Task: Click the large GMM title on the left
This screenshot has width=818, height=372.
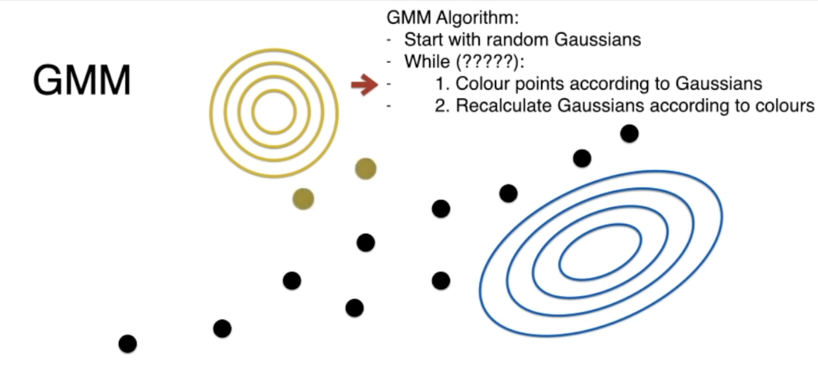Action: [x=82, y=80]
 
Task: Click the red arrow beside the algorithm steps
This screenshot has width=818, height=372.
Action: [x=364, y=84]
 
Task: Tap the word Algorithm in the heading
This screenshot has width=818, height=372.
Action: [x=477, y=17]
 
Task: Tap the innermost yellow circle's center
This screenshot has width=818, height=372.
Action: [x=274, y=112]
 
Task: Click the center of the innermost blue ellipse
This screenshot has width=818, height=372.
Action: [x=600, y=252]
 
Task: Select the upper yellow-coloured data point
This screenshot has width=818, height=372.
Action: [x=365, y=169]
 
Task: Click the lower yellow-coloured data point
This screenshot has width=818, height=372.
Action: [x=303, y=199]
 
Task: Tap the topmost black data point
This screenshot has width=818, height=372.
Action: [x=629, y=134]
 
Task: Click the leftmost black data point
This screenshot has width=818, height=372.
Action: [x=128, y=344]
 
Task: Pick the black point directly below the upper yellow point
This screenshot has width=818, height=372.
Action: [x=365, y=243]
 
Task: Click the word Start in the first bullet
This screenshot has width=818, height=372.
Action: [x=424, y=40]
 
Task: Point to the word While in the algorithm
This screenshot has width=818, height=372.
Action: [x=427, y=62]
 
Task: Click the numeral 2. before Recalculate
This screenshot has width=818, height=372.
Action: [x=442, y=106]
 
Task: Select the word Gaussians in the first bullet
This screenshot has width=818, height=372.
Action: [x=598, y=40]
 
